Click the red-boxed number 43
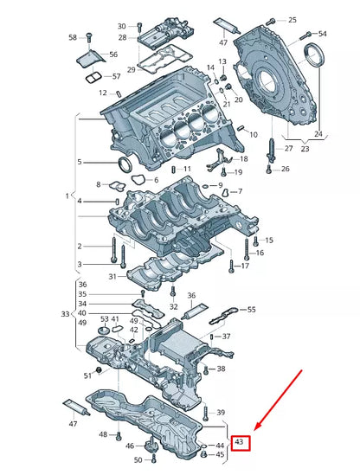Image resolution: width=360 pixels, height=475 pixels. coord(239,441)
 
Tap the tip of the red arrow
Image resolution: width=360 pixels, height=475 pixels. coord(254,430)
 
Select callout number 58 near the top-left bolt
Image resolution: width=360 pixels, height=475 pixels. coord(73,37)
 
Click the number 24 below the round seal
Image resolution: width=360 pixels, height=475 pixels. coord(318,133)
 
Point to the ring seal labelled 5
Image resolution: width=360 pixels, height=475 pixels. coord(125,164)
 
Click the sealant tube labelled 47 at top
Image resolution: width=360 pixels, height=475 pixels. coord(227,26)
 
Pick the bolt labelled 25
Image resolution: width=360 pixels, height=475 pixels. coord(270,22)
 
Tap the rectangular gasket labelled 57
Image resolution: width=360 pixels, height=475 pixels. coord(93,78)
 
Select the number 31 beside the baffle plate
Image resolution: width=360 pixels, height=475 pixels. coord(112,276)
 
